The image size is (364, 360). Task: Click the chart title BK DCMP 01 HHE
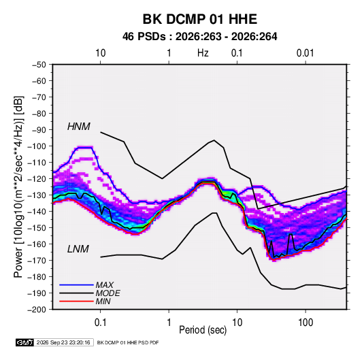point(199,19)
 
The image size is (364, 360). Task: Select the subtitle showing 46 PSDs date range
point(199,37)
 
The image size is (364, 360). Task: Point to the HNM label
point(79,127)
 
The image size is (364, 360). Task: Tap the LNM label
point(78,249)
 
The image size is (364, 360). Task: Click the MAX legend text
point(105,285)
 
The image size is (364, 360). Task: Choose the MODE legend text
point(107,293)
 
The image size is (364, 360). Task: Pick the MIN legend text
point(103,301)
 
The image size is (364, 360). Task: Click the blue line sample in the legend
point(76,285)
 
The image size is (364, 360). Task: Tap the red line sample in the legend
point(76,301)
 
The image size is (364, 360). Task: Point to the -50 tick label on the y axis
point(39,65)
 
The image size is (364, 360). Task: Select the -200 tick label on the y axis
point(37,310)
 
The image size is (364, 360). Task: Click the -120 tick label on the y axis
point(37,179)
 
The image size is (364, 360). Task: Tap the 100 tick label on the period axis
point(305,323)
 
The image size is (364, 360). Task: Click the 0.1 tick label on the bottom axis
point(100,323)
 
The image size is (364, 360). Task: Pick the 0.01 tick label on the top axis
point(305,53)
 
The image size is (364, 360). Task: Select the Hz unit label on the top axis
point(203,53)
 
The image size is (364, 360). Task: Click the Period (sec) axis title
point(203,330)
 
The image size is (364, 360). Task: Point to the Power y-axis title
point(18,187)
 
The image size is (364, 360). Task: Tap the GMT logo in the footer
point(25,342)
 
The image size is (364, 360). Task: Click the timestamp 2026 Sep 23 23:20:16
point(63,342)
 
